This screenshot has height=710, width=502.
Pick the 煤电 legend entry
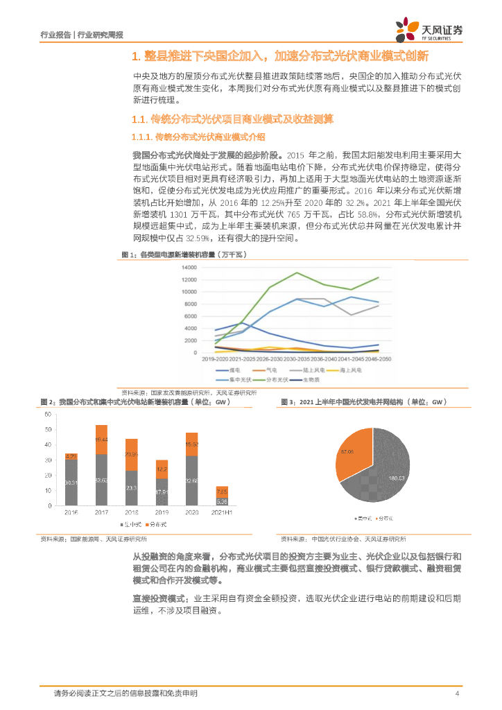(x=225, y=371)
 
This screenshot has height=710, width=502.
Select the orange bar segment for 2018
(x=131, y=455)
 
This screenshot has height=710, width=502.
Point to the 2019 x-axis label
(x=161, y=514)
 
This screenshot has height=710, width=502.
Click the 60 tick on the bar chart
(x=48, y=414)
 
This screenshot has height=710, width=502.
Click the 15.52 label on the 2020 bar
(x=192, y=444)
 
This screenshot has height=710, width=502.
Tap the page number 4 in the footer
(x=457, y=693)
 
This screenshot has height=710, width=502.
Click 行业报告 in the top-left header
(x=56, y=35)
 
